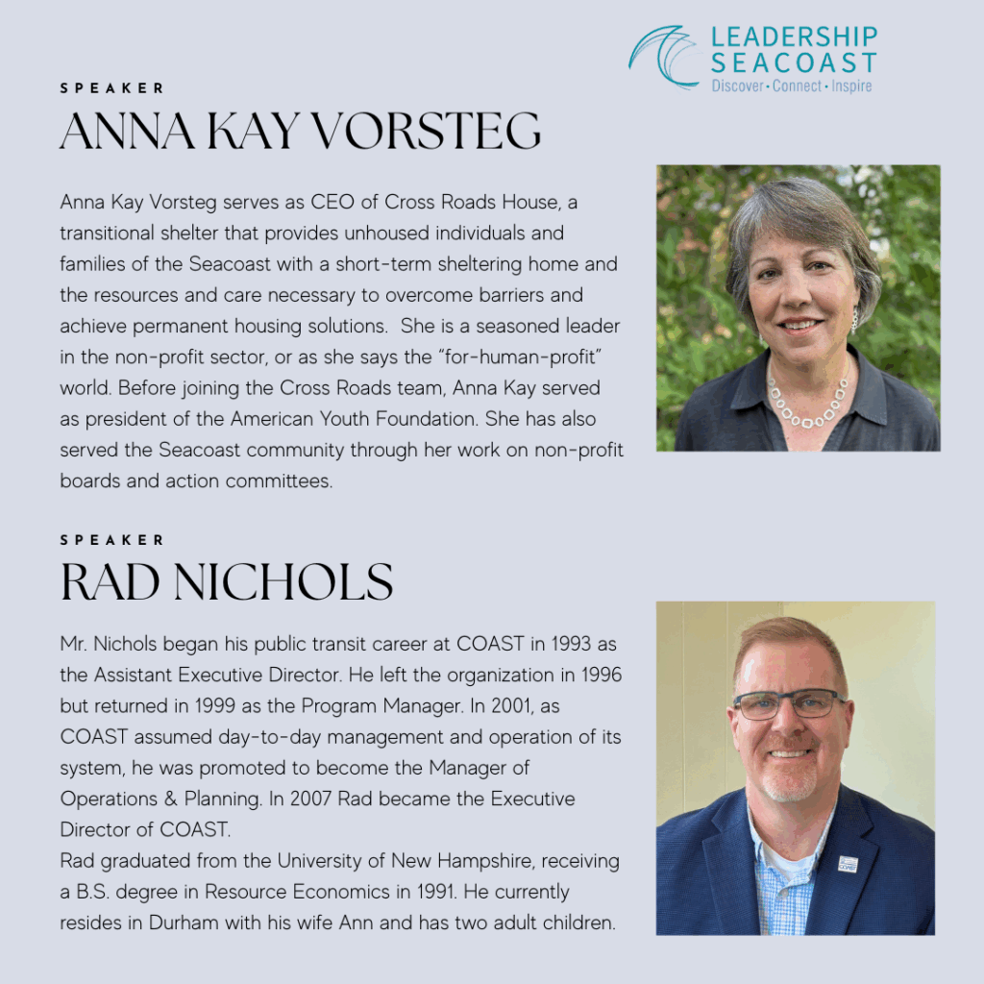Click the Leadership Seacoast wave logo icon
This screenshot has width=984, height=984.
pyautogui.click(x=663, y=58)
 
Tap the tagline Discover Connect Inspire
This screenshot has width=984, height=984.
pyautogui.click(x=792, y=86)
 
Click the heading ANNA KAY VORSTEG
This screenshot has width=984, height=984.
pyautogui.click(x=300, y=131)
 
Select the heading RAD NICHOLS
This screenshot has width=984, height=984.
pyautogui.click(x=227, y=582)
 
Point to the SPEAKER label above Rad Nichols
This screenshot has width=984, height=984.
pyautogui.click(x=112, y=540)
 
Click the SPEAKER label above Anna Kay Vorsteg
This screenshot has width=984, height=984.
pyautogui.click(x=112, y=88)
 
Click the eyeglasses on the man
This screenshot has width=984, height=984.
pyautogui.click(x=789, y=704)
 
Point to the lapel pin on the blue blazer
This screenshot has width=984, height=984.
pyautogui.click(x=848, y=863)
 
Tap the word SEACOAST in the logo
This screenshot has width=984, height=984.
pyautogui.click(x=794, y=62)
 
